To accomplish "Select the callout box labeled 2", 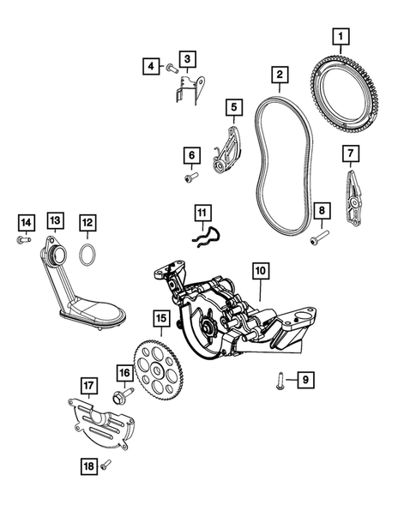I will point(280,76).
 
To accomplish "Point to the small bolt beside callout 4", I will point(172,66).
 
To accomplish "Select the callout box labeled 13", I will point(55,222).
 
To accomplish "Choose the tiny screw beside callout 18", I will point(106,465).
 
